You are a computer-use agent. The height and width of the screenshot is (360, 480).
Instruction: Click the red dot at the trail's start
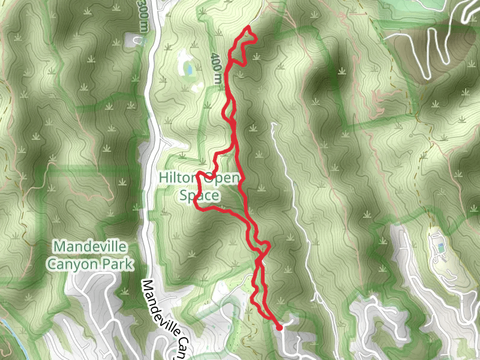(x=280, y=328)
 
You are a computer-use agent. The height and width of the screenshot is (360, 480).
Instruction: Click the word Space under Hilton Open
(x=200, y=196)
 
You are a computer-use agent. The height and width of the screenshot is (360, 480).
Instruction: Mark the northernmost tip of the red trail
(x=248, y=28)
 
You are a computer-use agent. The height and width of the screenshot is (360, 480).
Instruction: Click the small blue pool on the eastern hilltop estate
(x=441, y=247)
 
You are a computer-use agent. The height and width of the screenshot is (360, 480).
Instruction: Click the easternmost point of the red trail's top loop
(x=257, y=37)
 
